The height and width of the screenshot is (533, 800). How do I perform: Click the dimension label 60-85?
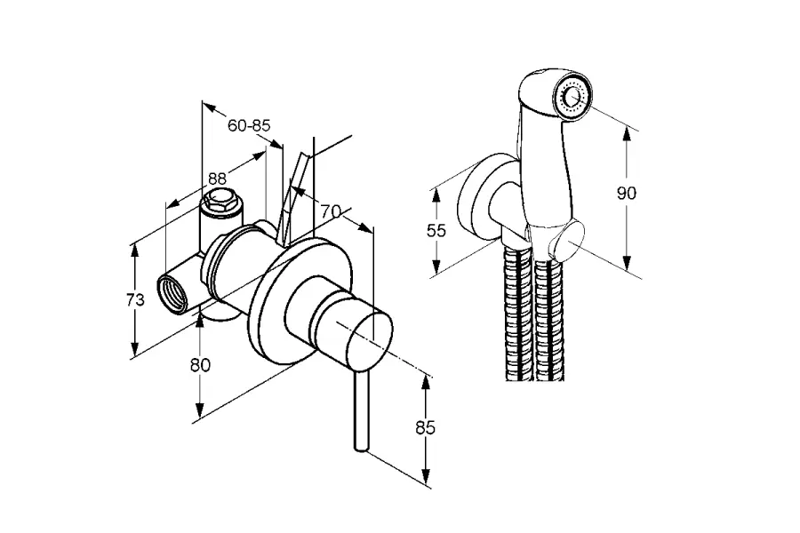pos(248,126)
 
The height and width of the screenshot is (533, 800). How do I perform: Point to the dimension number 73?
pos(135,300)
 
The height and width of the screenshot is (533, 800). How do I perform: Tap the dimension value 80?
pos(200,363)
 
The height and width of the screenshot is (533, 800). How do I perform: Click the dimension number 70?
pos(332,211)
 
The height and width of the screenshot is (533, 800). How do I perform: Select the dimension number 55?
pos(436,231)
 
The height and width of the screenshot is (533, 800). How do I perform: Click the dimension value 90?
pos(627,193)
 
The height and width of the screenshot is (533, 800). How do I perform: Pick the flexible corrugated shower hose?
pos(532,320)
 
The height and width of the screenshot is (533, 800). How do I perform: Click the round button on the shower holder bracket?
pos(568,240)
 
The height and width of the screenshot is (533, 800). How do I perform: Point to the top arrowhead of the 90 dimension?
pos(627,132)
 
